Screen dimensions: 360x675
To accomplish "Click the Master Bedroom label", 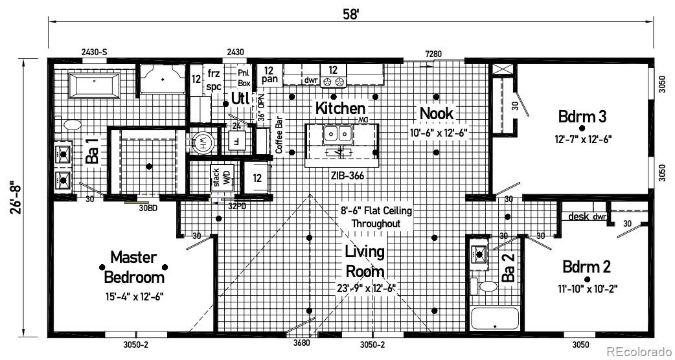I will [134, 267].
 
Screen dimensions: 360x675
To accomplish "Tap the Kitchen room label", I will [340, 108].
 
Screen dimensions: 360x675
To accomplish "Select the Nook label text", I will [437, 113].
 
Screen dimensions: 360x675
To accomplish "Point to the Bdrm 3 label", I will [582, 117].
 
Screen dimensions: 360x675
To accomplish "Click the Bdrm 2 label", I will [586, 267].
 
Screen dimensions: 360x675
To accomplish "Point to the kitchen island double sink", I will [337, 134].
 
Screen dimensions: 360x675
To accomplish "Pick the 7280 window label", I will [433, 53].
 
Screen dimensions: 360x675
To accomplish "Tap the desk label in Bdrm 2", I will [578, 216].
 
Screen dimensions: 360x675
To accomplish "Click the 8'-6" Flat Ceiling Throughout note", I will [376, 217].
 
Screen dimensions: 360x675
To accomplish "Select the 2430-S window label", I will [94, 52].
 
